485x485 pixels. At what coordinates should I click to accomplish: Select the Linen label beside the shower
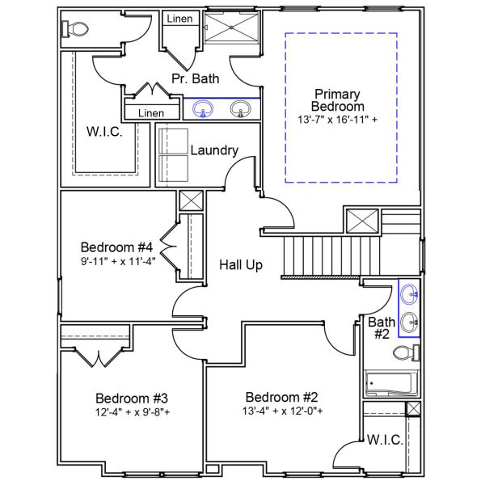pyautogui.click(x=178, y=19)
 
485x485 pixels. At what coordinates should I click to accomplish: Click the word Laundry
pyautogui.click(x=213, y=150)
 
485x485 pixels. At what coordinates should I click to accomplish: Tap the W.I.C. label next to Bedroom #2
pyautogui.click(x=385, y=440)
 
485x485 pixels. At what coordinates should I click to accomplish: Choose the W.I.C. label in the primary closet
pyautogui.click(x=104, y=133)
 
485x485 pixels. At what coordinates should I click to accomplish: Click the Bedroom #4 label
pyautogui.click(x=117, y=247)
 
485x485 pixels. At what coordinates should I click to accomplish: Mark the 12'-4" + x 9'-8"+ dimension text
pyautogui.click(x=132, y=412)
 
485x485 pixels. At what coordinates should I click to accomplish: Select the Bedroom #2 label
pyautogui.click(x=282, y=397)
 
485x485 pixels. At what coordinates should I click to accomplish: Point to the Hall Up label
pyautogui.click(x=240, y=264)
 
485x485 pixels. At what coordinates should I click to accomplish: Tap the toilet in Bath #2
pyautogui.click(x=407, y=352)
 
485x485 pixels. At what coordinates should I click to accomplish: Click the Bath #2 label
pyautogui.click(x=382, y=327)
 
